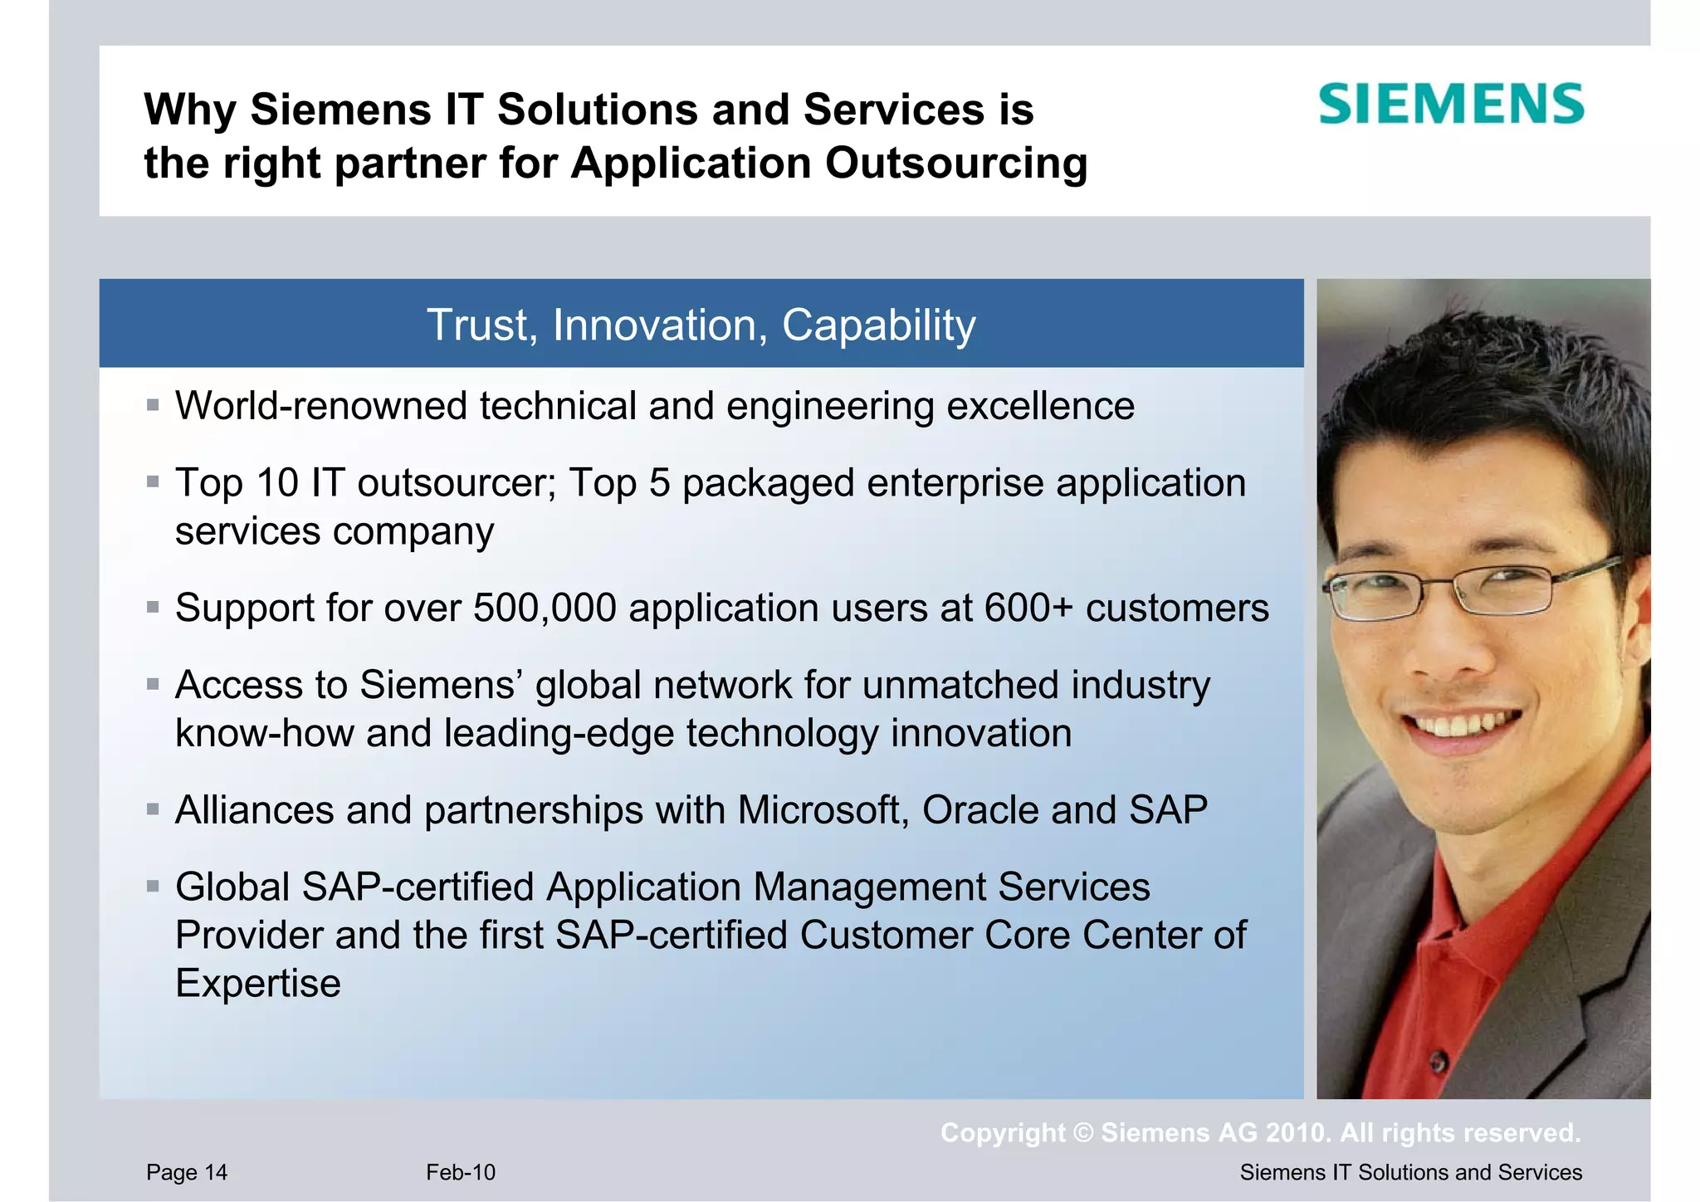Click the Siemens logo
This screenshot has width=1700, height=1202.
(1451, 105)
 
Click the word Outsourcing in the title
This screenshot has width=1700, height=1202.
(955, 163)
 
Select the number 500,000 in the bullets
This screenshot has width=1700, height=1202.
(545, 608)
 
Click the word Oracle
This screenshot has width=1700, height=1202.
(979, 810)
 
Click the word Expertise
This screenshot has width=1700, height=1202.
(258, 984)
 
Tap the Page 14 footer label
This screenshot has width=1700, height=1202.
(187, 1172)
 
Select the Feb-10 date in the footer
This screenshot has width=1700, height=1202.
(461, 1172)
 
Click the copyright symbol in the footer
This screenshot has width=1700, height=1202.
(1083, 1133)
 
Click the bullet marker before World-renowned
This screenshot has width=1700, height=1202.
(153, 406)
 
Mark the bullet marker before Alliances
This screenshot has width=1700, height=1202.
(153, 810)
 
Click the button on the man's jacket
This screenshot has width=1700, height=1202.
(1439, 1061)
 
